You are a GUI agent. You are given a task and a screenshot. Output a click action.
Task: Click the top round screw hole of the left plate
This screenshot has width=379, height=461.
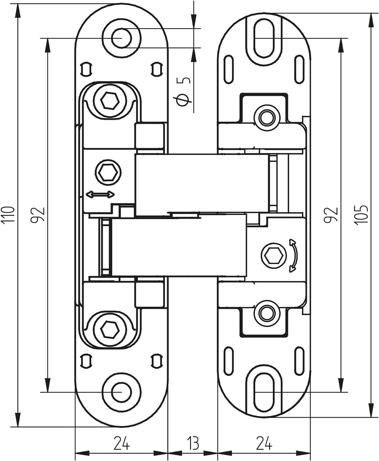click(x=121, y=38)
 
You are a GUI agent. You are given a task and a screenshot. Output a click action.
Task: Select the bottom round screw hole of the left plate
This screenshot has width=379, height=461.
click(x=121, y=392)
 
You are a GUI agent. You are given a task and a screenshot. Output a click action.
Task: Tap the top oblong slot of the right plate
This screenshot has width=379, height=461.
click(x=264, y=38)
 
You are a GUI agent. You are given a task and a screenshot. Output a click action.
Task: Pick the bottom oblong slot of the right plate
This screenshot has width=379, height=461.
click(x=264, y=392)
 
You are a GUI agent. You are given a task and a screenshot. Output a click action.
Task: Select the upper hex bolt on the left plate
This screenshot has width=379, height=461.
click(x=110, y=100)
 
